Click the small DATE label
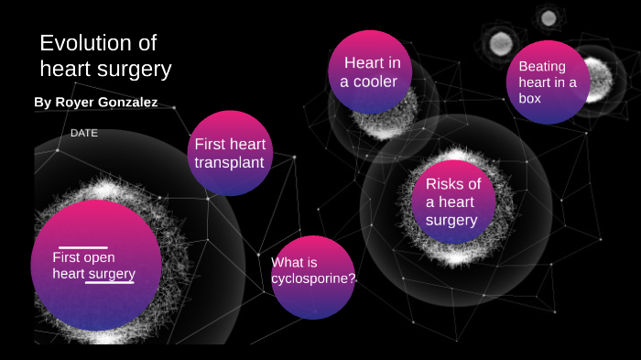84,133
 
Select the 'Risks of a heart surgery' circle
452,202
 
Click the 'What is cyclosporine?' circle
313,275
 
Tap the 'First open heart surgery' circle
95,266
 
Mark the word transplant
229,163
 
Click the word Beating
542,67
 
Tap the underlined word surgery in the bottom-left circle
111,274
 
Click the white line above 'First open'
82,247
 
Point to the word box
530,98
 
